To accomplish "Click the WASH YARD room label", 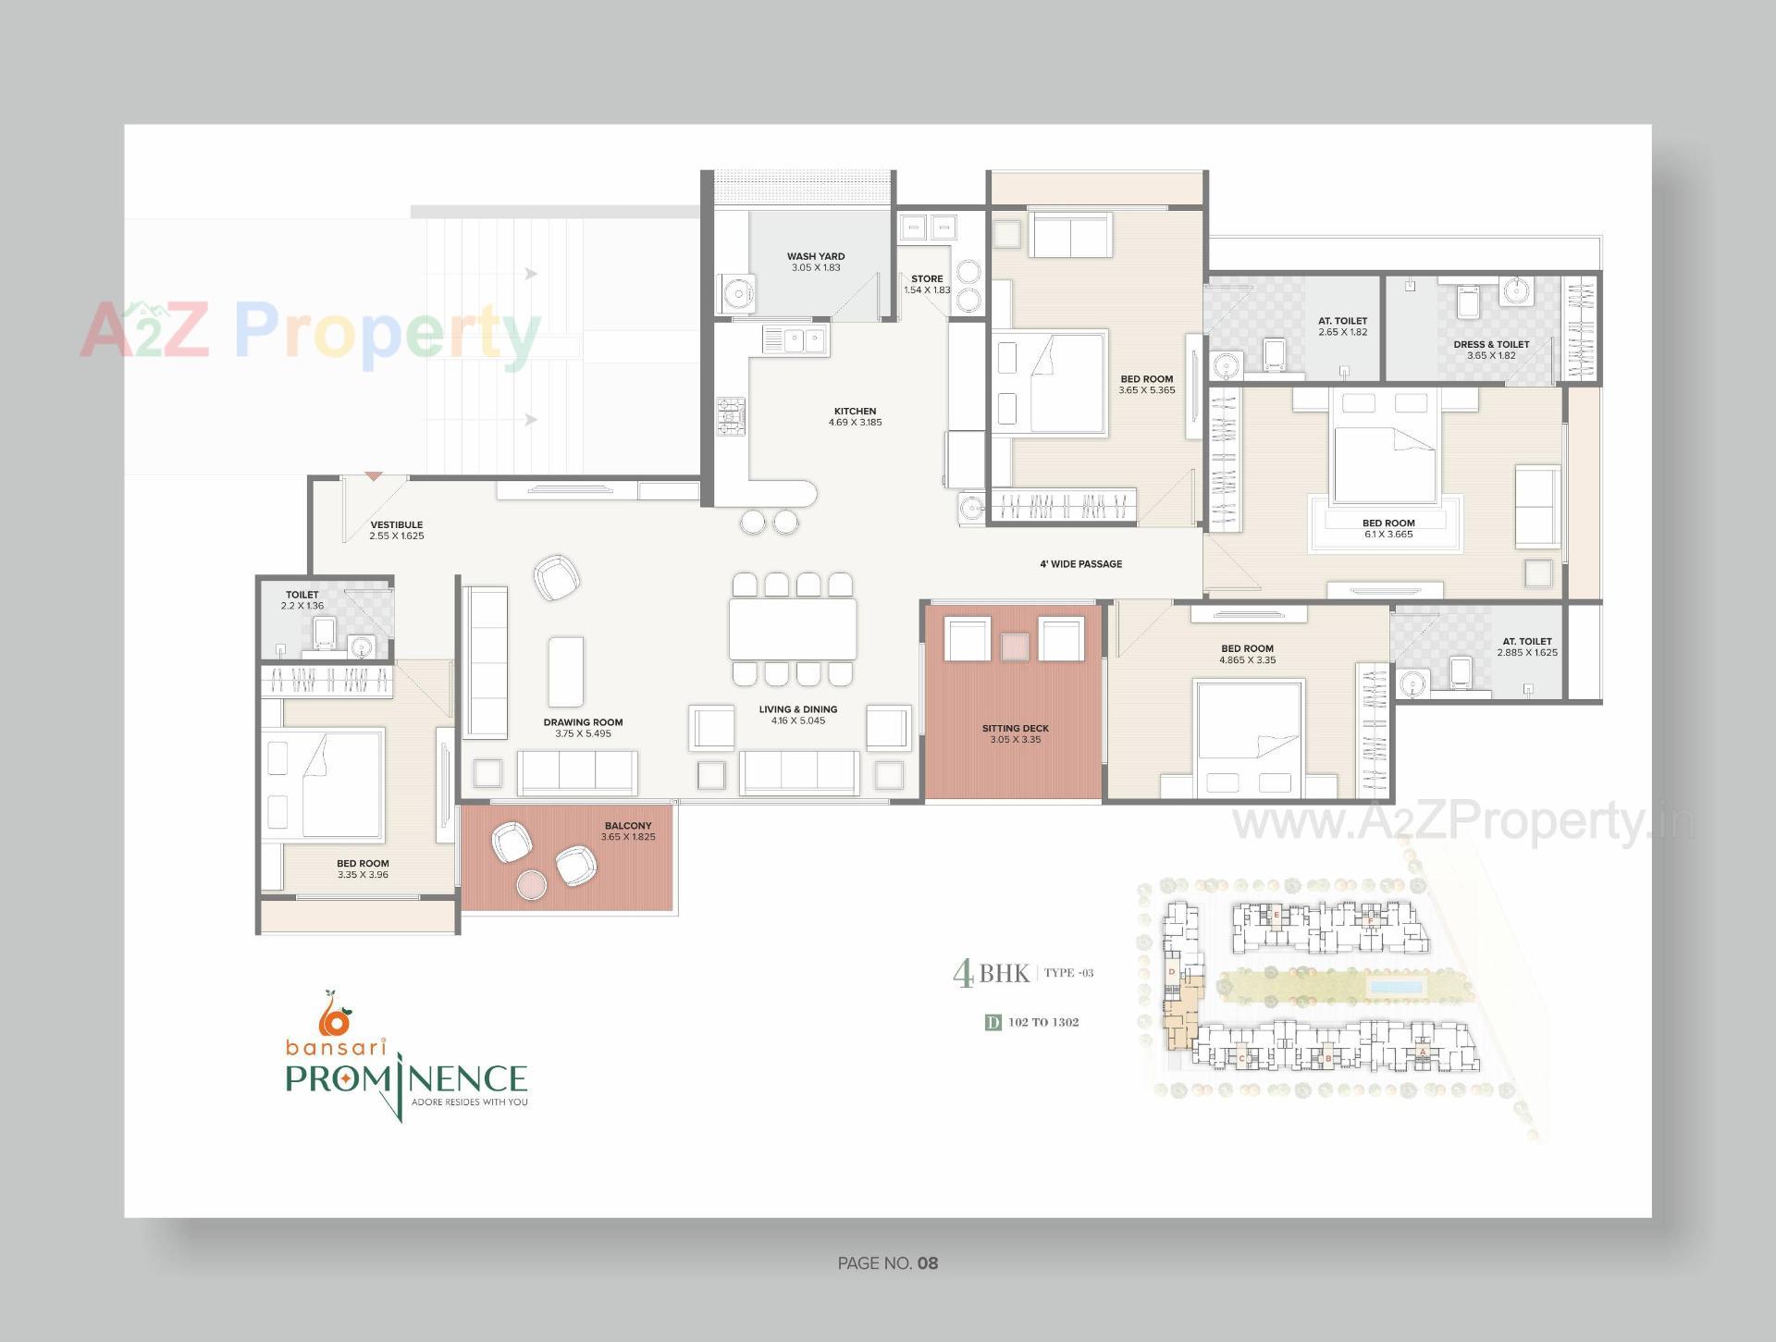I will [815, 256].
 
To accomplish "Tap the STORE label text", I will [927, 278].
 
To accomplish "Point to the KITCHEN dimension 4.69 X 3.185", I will [855, 423].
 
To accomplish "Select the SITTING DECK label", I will [1015, 728].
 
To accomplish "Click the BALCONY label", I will [628, 825].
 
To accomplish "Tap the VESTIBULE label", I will [396, 524].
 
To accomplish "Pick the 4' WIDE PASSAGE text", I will [1080, 563].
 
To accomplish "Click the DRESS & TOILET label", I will [1491, 344].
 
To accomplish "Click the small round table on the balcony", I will [532, 885].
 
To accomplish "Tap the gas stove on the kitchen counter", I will [732, 416].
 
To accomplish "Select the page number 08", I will [928, 1263].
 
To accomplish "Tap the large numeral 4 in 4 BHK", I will [963, 974].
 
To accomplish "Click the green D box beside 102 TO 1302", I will [993, 1022].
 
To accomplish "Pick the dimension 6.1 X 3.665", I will [1387, 535].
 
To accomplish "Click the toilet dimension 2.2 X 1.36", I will [302, 607].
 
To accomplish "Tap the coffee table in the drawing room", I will [565, 671].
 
